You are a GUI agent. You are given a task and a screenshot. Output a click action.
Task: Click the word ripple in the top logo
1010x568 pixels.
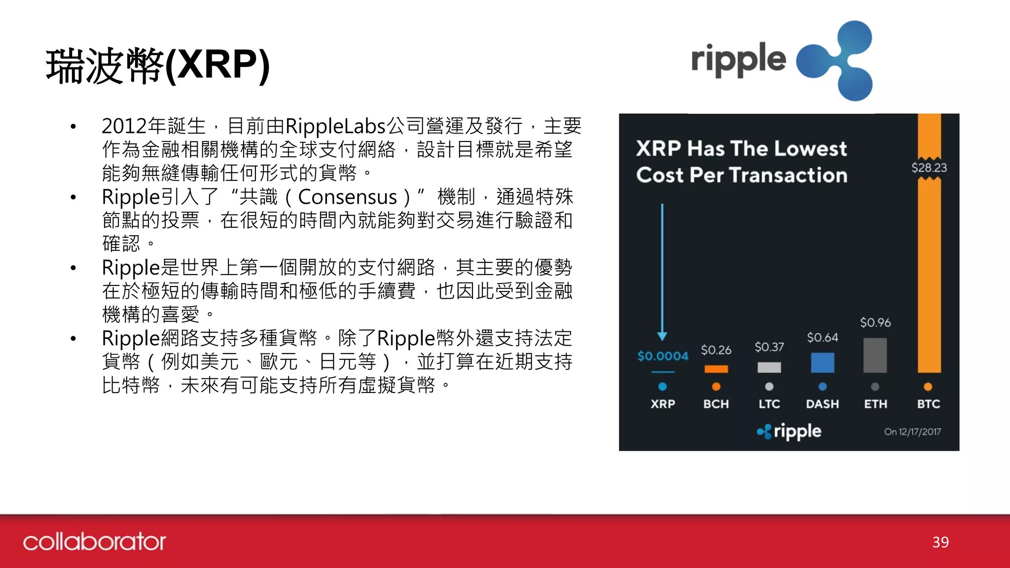738,60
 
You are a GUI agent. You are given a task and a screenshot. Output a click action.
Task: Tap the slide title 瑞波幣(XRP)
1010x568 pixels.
158,66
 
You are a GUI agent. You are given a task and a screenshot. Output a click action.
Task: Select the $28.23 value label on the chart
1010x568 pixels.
929,168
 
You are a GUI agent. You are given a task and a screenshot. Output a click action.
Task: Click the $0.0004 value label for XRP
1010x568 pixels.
662,355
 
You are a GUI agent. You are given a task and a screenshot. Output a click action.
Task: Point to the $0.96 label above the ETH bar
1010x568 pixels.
875,322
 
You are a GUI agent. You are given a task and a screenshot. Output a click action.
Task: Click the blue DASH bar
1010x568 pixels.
822,362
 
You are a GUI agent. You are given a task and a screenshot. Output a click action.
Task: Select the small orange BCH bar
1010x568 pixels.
716,369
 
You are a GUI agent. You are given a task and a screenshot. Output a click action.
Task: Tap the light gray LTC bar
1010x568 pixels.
769,367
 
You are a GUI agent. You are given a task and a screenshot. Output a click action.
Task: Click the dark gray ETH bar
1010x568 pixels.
875,355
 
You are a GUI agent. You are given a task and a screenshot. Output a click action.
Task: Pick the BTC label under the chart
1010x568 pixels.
928,404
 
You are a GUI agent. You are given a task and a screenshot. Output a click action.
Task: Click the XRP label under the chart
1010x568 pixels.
662,404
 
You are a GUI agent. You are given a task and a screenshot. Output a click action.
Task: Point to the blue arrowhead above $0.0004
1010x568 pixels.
662,336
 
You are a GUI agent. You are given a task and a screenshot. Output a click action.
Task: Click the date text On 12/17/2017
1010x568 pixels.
912,432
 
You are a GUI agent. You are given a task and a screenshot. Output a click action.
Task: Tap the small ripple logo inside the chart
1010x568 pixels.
789,431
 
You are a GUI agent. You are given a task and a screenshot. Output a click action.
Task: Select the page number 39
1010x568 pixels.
940,542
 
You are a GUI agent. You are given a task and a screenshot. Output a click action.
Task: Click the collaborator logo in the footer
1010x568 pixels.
94,542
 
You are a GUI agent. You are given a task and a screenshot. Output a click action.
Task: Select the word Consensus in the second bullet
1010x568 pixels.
347,197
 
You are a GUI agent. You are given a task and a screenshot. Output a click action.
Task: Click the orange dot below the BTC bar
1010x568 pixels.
928,387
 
